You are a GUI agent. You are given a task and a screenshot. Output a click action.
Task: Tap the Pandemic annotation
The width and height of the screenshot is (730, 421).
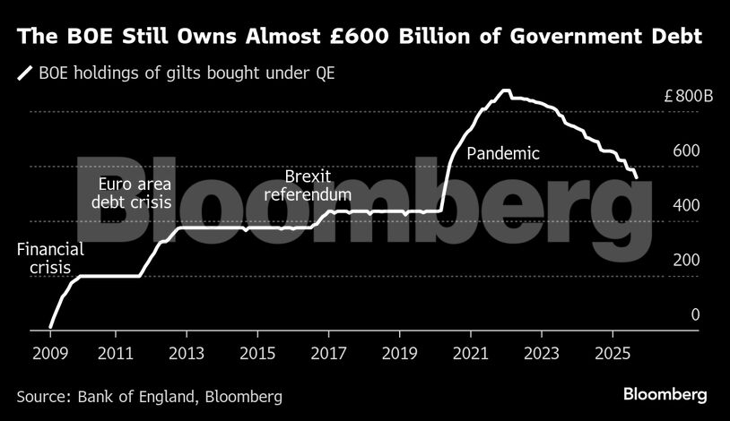click(504, 153)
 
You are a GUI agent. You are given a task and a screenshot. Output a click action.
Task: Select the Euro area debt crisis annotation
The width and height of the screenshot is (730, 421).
click(131, 193)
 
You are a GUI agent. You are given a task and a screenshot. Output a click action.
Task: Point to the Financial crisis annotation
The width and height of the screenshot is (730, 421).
click(49, 259)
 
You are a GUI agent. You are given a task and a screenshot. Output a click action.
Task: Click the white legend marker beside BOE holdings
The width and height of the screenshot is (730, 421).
click(26, 73)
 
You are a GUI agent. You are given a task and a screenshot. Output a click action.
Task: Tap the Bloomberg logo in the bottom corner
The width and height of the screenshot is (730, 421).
click(665, 394)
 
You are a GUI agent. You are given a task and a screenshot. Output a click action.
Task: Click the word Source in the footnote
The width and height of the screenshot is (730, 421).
click(42, 395)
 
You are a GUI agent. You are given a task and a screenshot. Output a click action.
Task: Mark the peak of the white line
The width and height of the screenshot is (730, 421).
click(505, 90)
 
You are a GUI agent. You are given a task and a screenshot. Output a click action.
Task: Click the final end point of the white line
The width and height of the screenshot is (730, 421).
click(636, 178)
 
